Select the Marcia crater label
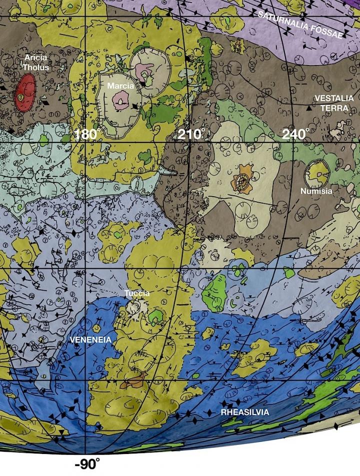tap(120, 86)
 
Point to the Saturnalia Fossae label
tap(300, 25)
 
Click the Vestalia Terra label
tap(333, 103)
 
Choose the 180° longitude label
tap(87, 134)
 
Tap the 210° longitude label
tap(192, 134)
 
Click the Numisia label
tap(316, 191)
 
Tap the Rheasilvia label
tap(245, 412)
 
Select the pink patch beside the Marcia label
tap(120, 102)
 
